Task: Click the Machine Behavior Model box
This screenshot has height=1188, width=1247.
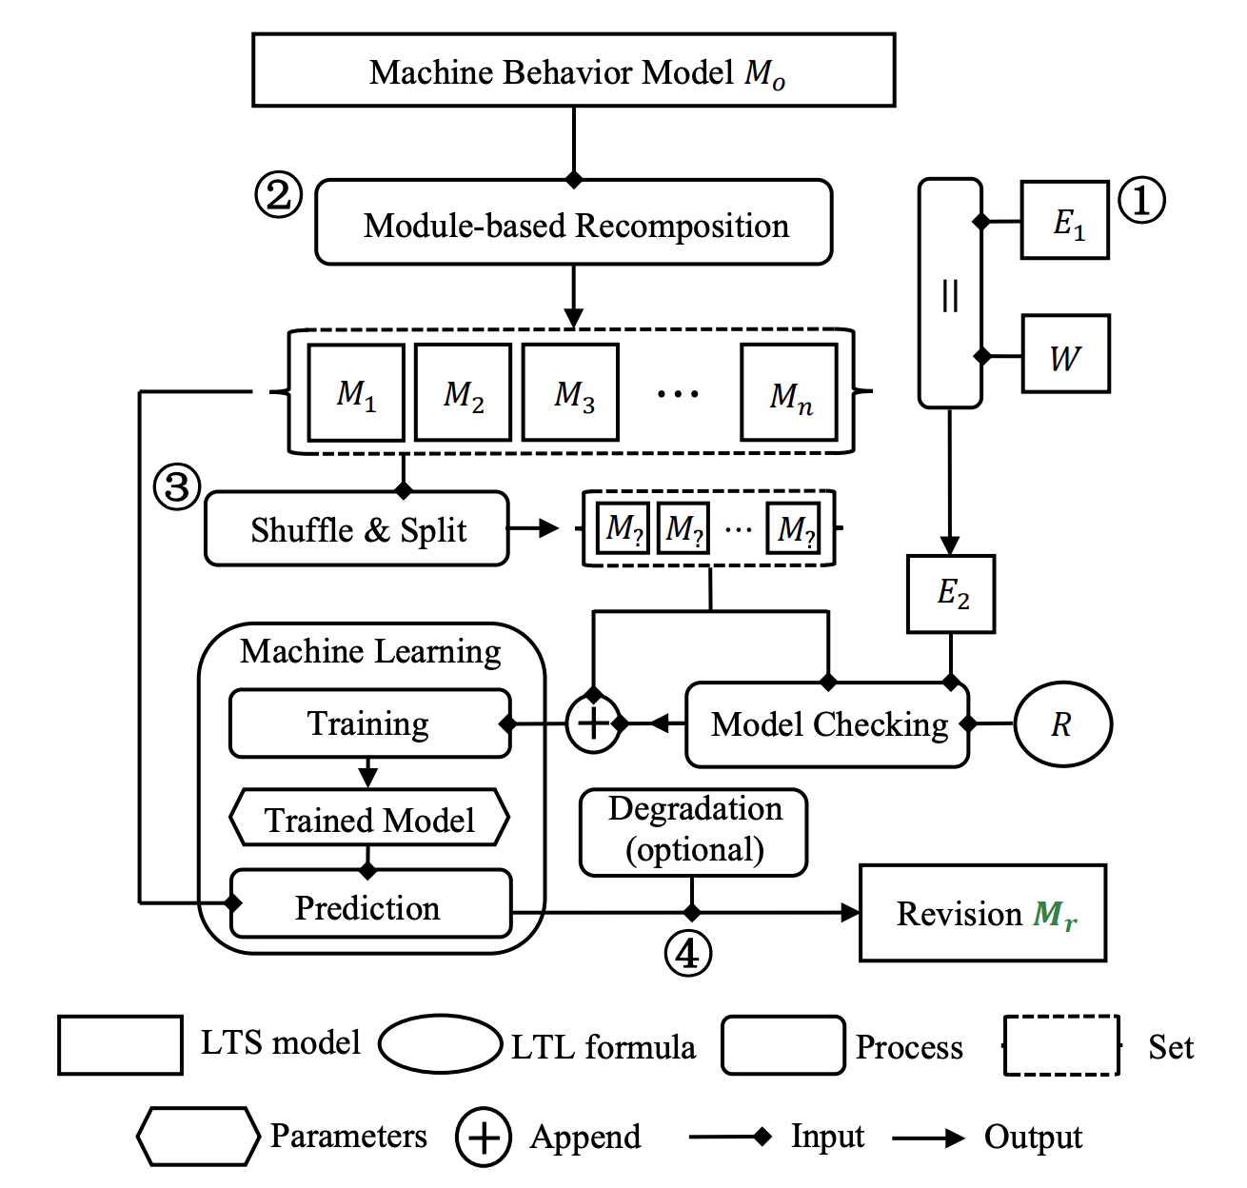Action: coord(573,70)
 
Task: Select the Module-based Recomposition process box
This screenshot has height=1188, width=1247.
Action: coord(573,223)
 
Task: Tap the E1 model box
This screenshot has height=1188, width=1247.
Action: coord(1064,220)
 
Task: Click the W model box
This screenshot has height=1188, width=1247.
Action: coord(1065,354)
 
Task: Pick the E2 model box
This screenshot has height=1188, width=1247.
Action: coord(951,594)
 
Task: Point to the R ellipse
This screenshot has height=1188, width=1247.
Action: coord(1062,724)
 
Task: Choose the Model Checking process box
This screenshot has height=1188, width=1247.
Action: coord(826,724)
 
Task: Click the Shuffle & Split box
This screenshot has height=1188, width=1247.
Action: coord(357,528)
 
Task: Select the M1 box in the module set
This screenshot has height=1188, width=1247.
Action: coord(356,392)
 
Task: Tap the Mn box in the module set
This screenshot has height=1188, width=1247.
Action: coord(789,392)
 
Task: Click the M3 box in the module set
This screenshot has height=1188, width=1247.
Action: coord(571,392)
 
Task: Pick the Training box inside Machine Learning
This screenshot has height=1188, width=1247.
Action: coord(369,723)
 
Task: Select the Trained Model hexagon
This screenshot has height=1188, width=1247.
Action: coord(369,818)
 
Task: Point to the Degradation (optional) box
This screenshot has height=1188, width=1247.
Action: coord(694,831)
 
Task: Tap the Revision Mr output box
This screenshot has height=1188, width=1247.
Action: coord(982,913)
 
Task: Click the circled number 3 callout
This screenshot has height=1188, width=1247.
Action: coord(177,487)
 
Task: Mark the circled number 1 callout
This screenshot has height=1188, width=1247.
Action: coord(1141,200)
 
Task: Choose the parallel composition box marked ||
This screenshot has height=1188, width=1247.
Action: coord(949,293)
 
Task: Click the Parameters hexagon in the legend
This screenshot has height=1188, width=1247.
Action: coord(198,1136)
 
